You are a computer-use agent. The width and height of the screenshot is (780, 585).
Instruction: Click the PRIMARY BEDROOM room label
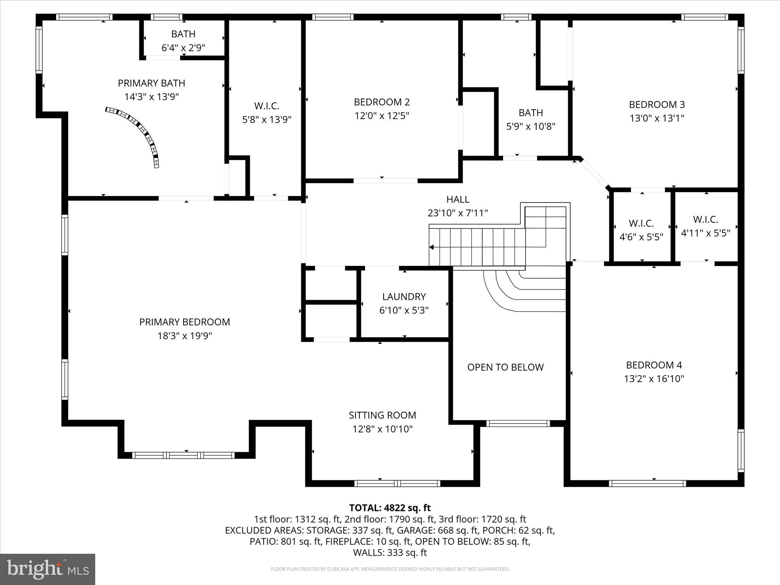[184, 322]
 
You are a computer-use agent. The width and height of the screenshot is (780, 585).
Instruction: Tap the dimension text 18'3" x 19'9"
[184, 336]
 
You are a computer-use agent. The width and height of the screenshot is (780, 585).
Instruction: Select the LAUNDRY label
[404, 296]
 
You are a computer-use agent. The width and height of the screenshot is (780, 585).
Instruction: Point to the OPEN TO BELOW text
[505, 367]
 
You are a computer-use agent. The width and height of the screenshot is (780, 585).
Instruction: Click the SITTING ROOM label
[382, 415]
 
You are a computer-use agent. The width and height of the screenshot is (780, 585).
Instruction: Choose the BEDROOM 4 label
[654, 365]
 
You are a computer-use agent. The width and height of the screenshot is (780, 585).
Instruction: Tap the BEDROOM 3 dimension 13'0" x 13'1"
[657, 118]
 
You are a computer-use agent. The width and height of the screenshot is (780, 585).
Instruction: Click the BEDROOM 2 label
[382, 102]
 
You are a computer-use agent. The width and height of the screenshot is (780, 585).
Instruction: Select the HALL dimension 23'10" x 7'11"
[457, 213]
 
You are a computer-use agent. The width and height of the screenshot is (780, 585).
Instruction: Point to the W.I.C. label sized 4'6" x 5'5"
[641, 223]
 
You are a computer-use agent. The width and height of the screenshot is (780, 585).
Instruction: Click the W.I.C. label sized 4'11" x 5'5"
[705, 219]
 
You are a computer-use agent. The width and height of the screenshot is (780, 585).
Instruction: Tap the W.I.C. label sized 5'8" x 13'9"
[267, 106]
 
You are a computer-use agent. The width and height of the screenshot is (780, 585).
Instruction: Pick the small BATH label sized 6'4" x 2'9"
[183, 34]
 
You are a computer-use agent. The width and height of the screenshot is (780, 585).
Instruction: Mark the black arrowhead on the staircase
[432, 247]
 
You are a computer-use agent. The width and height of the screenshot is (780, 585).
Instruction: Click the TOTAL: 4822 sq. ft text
[390, 508]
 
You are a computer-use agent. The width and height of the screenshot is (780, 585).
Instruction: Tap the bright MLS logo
[47, 569]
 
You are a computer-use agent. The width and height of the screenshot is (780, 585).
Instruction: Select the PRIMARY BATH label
[151, 83]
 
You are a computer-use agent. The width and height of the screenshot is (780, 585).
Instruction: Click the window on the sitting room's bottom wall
[397, 483]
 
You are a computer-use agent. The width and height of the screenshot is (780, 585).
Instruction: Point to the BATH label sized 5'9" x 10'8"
[531, 113]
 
